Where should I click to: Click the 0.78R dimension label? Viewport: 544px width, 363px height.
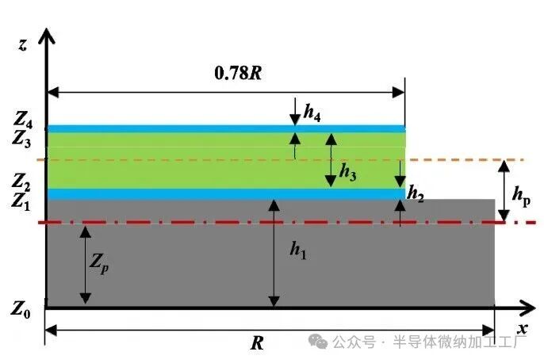click(x=239, y=73)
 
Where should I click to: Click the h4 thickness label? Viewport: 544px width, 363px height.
click(x=312, y=113)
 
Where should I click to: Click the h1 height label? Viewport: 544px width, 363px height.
click(x=297, y=251)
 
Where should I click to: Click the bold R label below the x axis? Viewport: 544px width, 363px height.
click(x=256, y=343)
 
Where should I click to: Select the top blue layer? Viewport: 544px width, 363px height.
click(x=226, y=128)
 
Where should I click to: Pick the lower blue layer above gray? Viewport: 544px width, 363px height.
click(x=226, y=193)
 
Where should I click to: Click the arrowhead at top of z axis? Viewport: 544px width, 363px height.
click(x=48, y=35)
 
